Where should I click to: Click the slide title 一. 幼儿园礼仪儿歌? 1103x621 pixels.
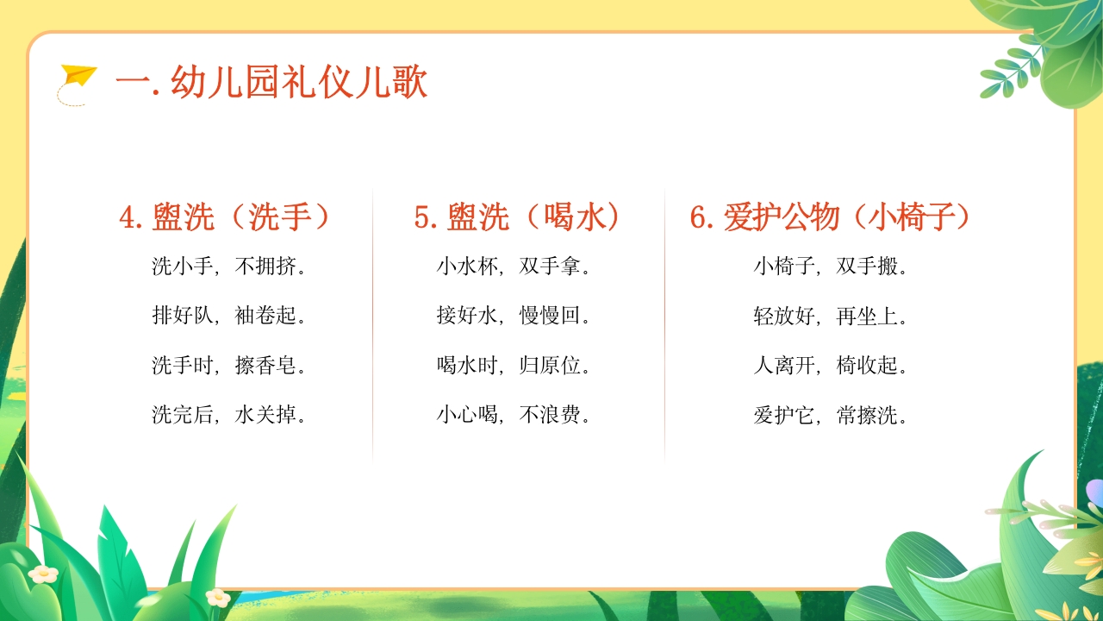pyautogui.click(x=271, y=85)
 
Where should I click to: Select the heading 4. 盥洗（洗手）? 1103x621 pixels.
pyautogui.click(x=226, y=217)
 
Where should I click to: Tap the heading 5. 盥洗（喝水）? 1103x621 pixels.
pyautogui.click(x=517, y=217)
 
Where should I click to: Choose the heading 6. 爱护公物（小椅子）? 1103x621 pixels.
pyautogui.click(x=831, y=217)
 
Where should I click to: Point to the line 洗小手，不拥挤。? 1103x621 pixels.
pyautogui.click(x=229, y=267)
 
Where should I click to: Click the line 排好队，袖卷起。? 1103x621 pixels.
pyautogui.click(x=229, y=316)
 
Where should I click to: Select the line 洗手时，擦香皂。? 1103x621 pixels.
pyautogui.click(x=229, y=366)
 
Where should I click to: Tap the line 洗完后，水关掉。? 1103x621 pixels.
pyautogui.click(x=229, y=416)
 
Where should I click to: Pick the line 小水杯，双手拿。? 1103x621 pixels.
pyautogui.click(x=514, y=267)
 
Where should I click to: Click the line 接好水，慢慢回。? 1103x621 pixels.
pyautogui.click(x=514, y=316)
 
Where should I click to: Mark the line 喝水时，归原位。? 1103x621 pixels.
pyautogui.click(x=514, y=366)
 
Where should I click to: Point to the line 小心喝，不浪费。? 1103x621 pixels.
pyautogui.click(x=514, y=416)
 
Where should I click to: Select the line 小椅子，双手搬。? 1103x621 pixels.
pyautogui.click(x=831, y=267)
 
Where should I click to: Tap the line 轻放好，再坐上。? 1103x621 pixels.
pyautogui.click(x=831, y=316)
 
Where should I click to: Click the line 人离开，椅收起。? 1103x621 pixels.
pyautogui.click(x=831, y=366)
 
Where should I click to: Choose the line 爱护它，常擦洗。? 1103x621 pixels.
pyautogui.click(x=831, y=416)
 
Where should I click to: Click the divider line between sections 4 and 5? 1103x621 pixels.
pyautogui.click(x=373, y=323)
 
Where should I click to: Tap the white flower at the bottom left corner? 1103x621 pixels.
pyautogui.click(x=42, y=573)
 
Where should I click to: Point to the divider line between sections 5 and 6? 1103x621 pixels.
pyautogui.click(x=664, y=323)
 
